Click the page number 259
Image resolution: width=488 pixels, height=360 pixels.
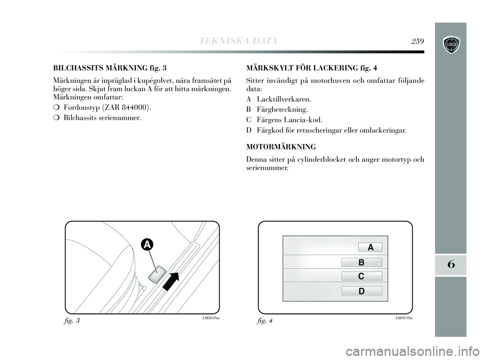coord(418,41)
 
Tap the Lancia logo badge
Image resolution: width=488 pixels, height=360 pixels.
coord(450,43)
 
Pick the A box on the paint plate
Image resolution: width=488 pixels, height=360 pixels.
coord(370,247)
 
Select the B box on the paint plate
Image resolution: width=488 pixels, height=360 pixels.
coord(361,263)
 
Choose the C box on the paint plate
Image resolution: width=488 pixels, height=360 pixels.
coord(361,276)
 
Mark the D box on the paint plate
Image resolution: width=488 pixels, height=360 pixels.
coord(361,291)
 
